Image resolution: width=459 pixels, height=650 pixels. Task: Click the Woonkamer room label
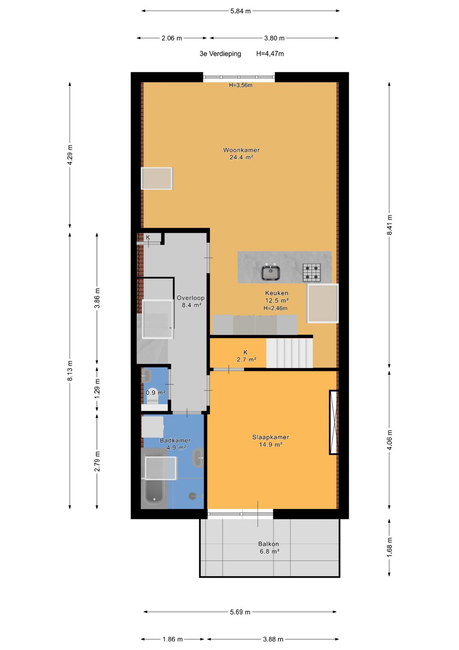241,150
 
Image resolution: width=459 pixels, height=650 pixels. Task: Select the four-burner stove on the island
312,272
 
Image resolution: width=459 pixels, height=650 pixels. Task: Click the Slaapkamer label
270,437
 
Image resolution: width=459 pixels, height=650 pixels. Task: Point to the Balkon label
269,544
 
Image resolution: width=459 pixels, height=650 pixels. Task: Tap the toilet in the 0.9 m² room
152,394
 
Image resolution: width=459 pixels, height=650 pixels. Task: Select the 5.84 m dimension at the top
240,11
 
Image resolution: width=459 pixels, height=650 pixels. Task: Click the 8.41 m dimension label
389,225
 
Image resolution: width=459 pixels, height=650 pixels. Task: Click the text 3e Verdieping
220,54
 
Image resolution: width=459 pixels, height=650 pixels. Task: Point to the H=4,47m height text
270,54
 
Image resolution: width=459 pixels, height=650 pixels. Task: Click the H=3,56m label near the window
241,85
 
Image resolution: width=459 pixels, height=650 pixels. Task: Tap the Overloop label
190,298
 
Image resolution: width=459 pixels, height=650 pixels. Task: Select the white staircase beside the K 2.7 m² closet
289,352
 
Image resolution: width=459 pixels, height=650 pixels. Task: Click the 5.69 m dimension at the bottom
240,612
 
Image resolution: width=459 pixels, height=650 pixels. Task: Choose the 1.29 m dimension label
97,389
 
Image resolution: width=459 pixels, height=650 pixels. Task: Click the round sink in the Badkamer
198,458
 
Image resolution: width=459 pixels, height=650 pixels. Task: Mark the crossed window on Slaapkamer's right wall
334,422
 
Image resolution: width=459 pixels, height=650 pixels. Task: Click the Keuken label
277,293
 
